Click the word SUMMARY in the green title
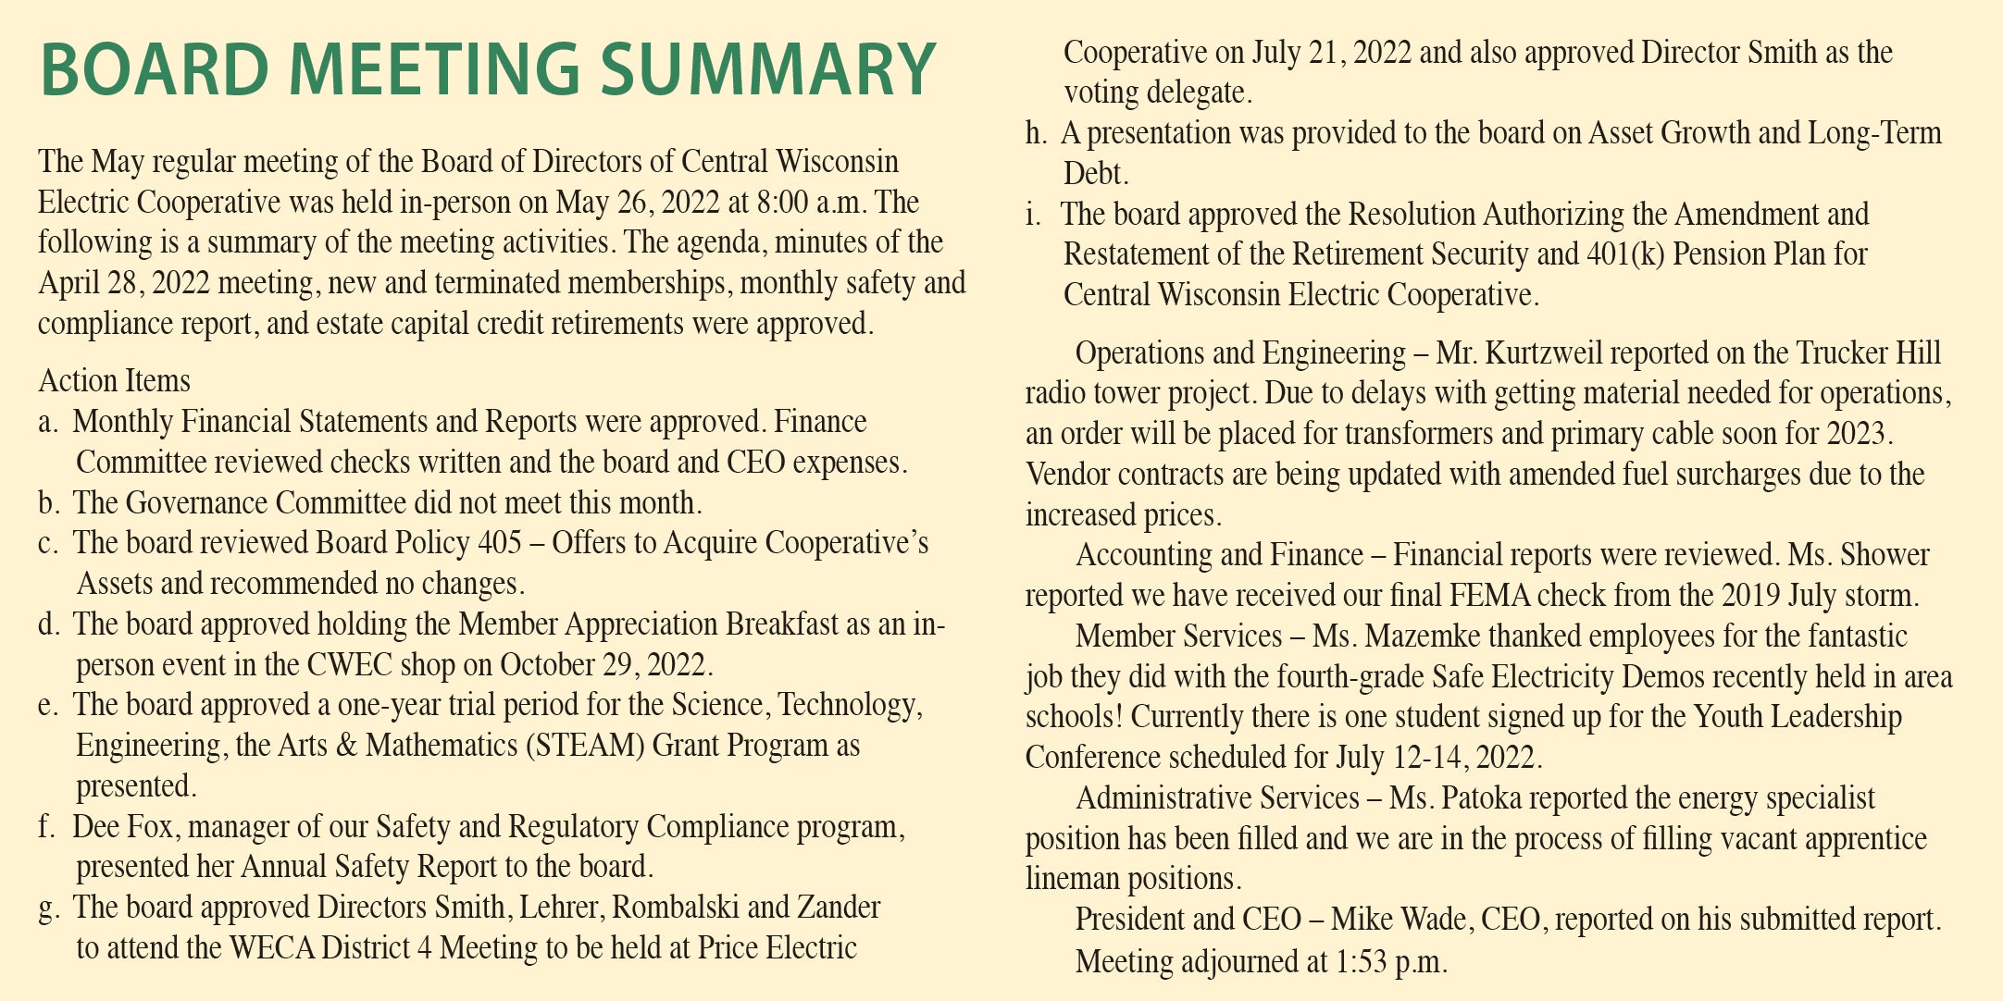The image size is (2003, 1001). point(767,70)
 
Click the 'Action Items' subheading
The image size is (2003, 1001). point(115,381)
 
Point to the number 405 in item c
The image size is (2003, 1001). point(500,543)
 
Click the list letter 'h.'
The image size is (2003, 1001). point(1036,134)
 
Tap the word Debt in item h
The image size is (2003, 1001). point(1094,174)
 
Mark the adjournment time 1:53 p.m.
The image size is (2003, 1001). point(1390,962)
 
